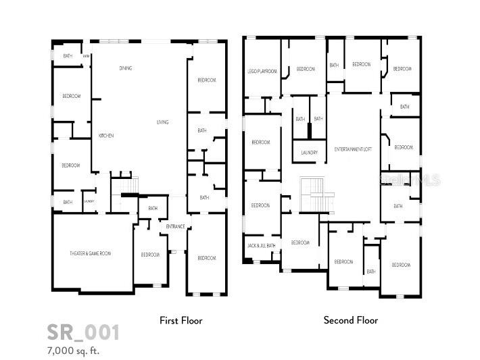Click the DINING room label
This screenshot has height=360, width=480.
point(126,68)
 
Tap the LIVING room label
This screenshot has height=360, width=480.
point(162,122)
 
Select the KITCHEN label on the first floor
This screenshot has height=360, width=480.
point(106,136)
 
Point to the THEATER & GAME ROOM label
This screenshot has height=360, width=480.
point(90,253)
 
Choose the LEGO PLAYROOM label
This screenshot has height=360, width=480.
point(262,71)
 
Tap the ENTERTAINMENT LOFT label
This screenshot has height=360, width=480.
point(353,149)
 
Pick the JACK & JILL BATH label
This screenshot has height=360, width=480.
point(261,245)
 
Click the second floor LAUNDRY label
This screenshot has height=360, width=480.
point(309,153)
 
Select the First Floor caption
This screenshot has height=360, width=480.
point(181,320)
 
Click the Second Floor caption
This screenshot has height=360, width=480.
point(350,320)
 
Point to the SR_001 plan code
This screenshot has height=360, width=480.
point(83,332)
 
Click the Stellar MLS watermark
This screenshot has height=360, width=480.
point(410,180)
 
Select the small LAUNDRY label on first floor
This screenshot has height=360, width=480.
point(89,201)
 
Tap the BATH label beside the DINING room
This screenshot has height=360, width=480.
point(68,56)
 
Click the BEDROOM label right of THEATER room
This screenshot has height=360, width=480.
point(150,255)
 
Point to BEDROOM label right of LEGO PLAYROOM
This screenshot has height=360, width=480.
point(306,69)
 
